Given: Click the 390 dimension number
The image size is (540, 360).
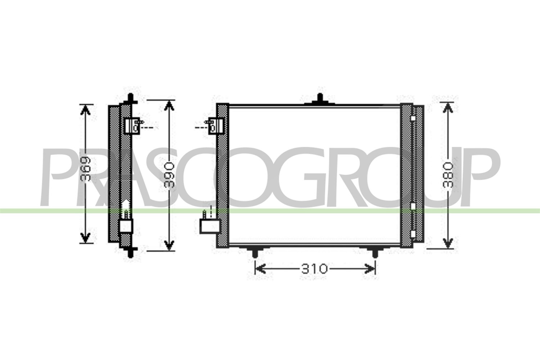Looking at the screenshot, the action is point(169,175).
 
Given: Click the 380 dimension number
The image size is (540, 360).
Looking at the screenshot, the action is point(448,175).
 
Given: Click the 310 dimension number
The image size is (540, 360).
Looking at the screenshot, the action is point(314,269).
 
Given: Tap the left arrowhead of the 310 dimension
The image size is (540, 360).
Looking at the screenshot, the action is point(260,269).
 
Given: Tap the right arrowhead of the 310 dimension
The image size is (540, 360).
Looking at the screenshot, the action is point(370,269).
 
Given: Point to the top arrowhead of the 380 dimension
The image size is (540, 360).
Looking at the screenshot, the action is point(448,108).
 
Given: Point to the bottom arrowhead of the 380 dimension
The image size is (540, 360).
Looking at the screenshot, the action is point(448,243).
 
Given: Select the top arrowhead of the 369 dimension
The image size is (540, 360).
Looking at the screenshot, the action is point(85,110).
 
